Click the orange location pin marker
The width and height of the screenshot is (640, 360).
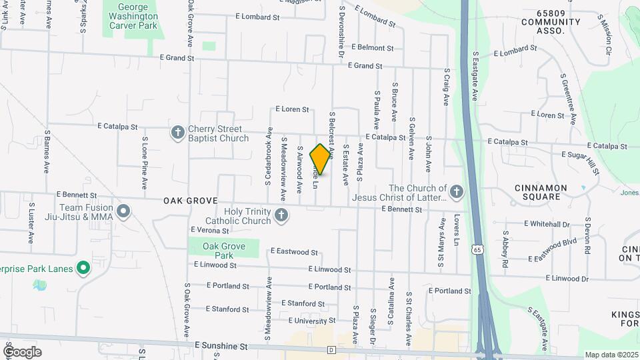coord(320,159)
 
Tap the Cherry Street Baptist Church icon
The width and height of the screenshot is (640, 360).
coord(177,132)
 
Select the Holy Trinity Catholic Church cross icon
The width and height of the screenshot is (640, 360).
coord(281,215)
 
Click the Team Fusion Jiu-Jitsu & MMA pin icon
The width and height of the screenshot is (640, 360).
coord(123,212)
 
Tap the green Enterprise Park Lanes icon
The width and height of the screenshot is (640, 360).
coord(83,268)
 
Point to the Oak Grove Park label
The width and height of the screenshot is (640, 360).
coord(223,251)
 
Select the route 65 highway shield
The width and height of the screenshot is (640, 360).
coord(477,249)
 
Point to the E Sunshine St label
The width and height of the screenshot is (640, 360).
coord(221,347)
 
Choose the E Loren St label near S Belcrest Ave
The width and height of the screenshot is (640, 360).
coord(292,109)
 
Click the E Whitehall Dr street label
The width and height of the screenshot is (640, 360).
coord(549,223)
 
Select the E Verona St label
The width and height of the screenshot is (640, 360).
coord(209,231)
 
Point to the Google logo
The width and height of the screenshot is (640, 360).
coord(22,352)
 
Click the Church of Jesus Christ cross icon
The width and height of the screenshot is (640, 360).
coord(457,193)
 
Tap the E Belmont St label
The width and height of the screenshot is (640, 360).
coord(385,47)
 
